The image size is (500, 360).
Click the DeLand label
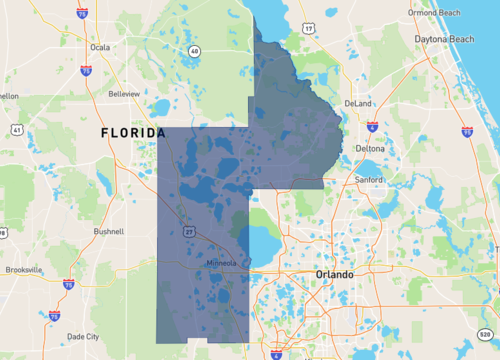[x=357, y=103]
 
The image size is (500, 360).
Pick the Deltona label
[x=370, y=148]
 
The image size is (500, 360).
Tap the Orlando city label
[x=334, y=274]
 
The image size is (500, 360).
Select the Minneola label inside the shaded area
[x=219, y=263]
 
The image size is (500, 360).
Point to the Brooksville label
[x=24, y=270]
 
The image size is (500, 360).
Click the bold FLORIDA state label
[x=133, y=133]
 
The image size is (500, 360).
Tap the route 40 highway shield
[x=194, y=50]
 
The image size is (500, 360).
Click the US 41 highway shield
[x=18, y=130]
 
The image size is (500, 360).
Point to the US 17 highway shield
[x=309, y=27]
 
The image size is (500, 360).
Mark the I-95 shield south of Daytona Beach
[x=468, y=131]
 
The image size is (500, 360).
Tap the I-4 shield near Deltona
[x=372, y=128]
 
